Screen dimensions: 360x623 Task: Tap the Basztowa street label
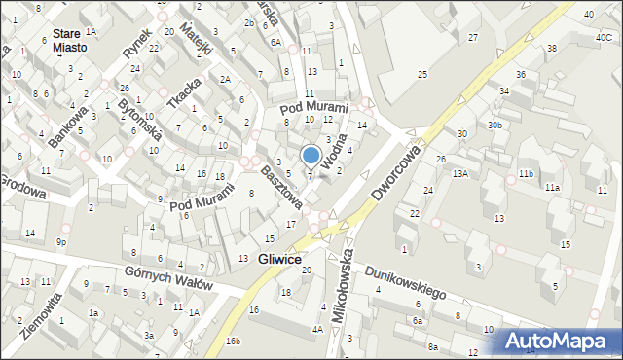pos(281,185)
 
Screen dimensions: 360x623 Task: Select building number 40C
pos(603,37)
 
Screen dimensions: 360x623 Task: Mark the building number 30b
pos(495,125)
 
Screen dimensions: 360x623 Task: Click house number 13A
pos(459,173)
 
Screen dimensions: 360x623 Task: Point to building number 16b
pos(232,341)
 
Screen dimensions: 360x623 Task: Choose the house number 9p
pos(60,241)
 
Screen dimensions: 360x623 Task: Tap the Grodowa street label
pos(21,185)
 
